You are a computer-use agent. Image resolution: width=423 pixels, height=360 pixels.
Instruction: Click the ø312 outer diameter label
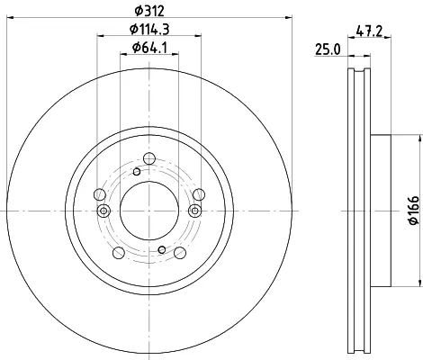[149, 11]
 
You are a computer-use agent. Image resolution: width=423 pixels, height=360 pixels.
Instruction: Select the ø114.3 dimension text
[149, 30]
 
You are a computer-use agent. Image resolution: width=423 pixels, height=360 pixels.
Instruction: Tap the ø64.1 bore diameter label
[149, 48]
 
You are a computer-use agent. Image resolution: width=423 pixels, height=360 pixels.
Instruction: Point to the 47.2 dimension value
[369, 31]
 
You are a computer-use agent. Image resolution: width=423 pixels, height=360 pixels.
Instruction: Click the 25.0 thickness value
[328, 49]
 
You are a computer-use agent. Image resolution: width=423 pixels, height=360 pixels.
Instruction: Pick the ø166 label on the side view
[414, 211]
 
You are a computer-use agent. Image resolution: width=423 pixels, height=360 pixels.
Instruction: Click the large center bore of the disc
[149, 211]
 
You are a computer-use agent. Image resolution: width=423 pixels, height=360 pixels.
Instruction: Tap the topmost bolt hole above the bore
[149, 158]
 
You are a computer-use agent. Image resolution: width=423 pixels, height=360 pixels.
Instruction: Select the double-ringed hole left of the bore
[103, 211]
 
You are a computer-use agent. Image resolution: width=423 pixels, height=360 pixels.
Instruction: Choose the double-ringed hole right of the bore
[194, 211]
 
